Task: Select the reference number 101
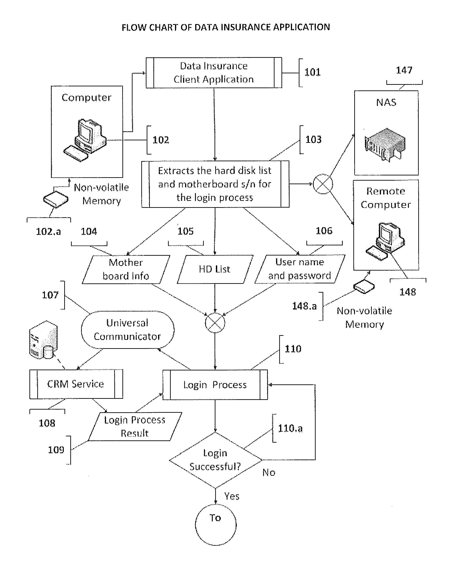312,72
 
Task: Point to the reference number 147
404,70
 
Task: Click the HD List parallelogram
215,269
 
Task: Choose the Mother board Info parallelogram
126,269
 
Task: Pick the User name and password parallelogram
299,269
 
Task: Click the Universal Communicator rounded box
128,330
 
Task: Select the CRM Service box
76,384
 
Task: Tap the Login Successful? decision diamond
215,460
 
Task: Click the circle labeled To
215,525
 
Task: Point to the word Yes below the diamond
232,496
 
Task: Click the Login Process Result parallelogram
135,426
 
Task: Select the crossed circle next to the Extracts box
323,184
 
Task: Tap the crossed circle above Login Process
215,323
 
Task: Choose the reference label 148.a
304,306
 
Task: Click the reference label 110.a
290,428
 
